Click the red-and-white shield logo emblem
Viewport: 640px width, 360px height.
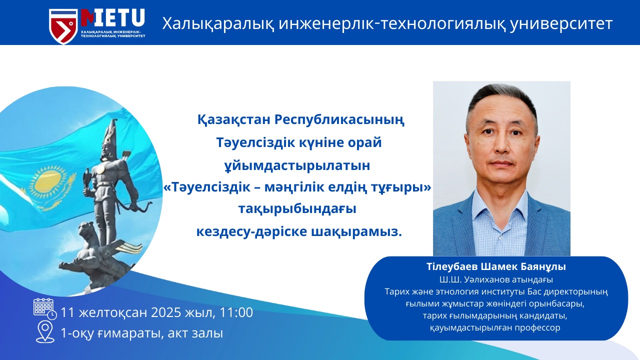click(63, 26)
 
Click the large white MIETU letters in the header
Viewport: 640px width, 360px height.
click(113, 18)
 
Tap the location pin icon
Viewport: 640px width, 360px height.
click(45, 332)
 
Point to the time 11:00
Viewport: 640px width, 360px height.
click(236, 312)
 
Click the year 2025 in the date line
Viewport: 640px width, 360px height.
click(166, 312)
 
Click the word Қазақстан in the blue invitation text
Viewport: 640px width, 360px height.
click(234, 120)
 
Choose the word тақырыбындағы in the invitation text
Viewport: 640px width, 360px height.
click(297, 209)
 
